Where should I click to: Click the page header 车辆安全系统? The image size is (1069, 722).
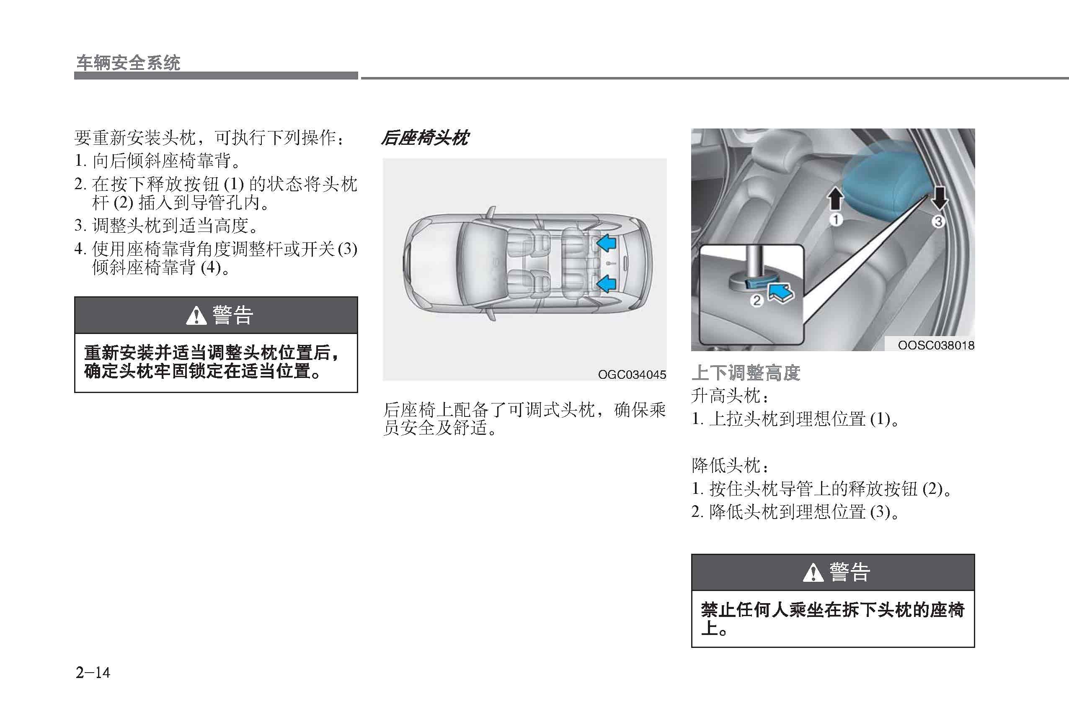pos(128,63)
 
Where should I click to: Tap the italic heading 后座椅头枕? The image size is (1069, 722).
pos(425,138)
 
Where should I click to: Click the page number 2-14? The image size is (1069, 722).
pos(93,673)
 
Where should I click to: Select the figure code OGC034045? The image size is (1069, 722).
pos(632,375)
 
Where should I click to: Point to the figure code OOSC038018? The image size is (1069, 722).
pos(936,345)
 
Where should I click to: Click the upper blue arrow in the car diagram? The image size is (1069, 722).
pos(606,243)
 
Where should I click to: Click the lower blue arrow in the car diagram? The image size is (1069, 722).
pos(606,283)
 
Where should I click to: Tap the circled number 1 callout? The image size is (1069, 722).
pos(835,220)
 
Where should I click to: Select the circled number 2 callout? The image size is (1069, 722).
pos(756,301)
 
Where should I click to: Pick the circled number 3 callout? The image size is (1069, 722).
pos(938,222)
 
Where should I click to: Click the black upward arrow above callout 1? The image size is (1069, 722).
pos(835,198)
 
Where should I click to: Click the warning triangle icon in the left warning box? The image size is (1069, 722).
pos(196,316)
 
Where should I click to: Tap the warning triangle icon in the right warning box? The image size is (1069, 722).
pos(813,573)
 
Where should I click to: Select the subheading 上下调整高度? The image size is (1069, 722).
pos(746,372)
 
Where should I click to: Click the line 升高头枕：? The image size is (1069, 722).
pos(730,396)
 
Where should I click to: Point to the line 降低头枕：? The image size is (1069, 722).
pos(730,465)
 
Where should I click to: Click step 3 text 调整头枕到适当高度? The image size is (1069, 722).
pos(175,226)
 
